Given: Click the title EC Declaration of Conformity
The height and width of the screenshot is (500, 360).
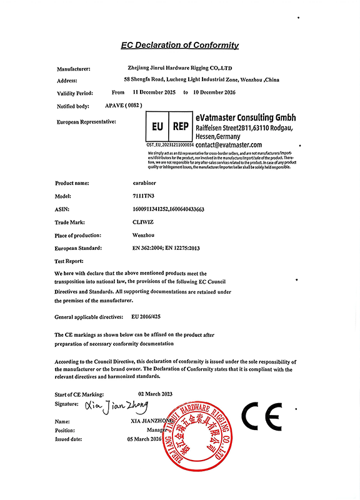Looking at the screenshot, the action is click(x=179, y=45).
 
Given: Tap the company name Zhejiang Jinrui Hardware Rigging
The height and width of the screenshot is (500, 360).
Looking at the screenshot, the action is click(x=179, y=68).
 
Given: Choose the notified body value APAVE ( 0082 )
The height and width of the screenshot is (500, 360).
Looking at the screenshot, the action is click(x=124, y=106).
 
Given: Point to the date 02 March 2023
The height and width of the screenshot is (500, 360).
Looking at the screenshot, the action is click(x=149, y=394).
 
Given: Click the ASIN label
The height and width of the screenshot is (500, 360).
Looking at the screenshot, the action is click(x=62, y=209).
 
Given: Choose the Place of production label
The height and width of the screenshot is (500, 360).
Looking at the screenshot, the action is click(x=78, y=235).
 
